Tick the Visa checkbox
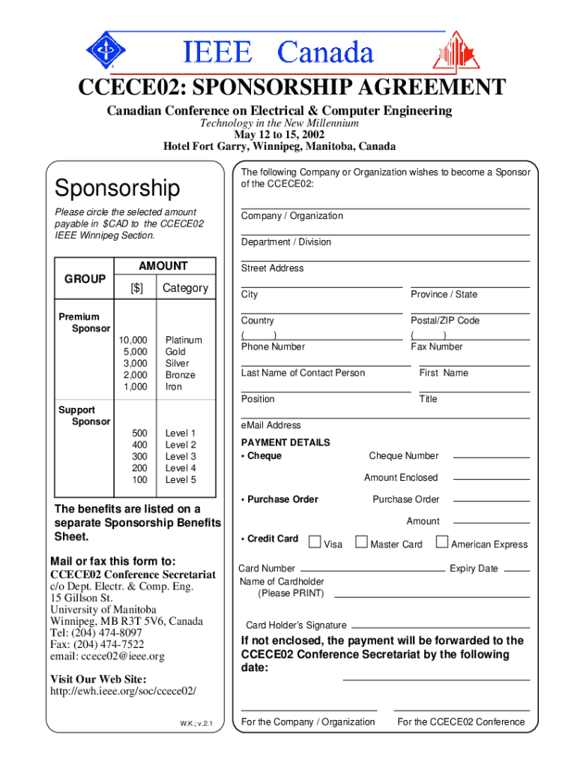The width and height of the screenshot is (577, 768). pyautogui.click(x=315, y=541)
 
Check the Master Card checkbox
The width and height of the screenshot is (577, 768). pyautogui.click(x=362, y=541)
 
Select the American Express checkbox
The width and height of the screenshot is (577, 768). pyautogui.click(x=442, y=541)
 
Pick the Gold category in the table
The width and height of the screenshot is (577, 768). pyautogui.click(x=175, y=352)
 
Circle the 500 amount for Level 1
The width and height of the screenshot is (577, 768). pyautogui.click(x=139, y=433)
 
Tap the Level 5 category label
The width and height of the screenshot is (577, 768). pyautogui.click(x=181, y=480)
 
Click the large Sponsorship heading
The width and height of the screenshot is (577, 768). pyautogui.click(x=117, y=187)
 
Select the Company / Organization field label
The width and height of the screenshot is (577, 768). pyautogui.click(x=292, y=216)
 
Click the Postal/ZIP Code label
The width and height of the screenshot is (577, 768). pyautogui.click(x=445, y=320)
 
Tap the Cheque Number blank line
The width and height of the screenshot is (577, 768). pyautogui.click(x=492, y=457)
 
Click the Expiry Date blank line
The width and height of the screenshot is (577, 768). pyautogui.click(x=516, y=570)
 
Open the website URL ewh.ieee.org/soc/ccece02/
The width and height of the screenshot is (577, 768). pyautogui.click(x=123, y=691)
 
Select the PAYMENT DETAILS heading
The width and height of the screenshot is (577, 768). pyautogui.click(x=286, y=442)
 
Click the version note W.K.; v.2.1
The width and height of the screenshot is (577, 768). pyautogui.click(x=197, y=724)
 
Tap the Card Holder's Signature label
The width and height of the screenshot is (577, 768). pyautogui.click(x=296, y=625)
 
